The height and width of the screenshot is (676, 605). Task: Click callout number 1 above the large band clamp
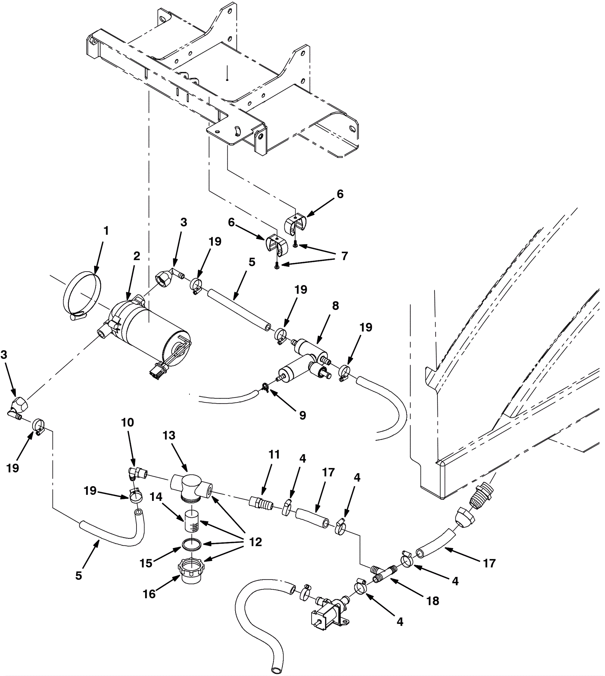[x=106, y=230]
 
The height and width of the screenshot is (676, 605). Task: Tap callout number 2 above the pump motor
[x=137, y=256]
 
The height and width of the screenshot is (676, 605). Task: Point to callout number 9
[x=302, y=415]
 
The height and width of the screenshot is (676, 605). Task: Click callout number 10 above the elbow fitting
[x=127, y=423]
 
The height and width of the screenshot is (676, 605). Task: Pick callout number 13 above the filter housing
[x=169, y=435]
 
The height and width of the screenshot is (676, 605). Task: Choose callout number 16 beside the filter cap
[x=149, y=594]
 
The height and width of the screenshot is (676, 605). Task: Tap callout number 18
[x=433, y=601]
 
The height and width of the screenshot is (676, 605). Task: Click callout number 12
[x=256, y=542]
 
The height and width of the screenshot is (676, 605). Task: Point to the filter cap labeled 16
[x=192, y=573]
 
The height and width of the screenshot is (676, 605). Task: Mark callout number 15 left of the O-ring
[x=146, y=563]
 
